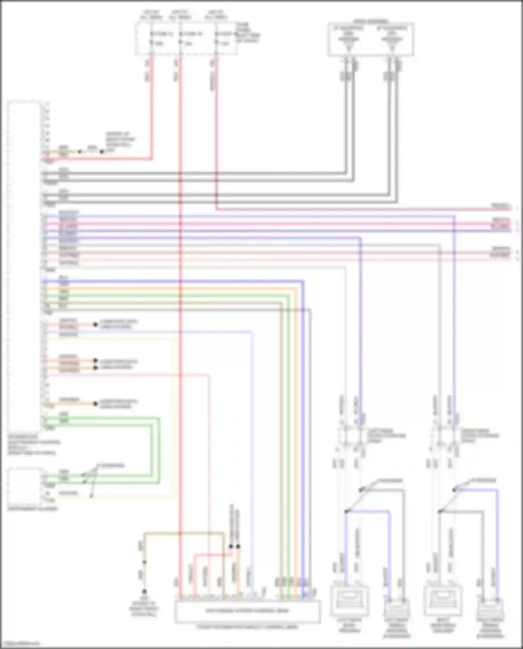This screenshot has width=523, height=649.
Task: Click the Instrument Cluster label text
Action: pos(33,509)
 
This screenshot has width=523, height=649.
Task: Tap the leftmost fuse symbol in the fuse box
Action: pos(152,38)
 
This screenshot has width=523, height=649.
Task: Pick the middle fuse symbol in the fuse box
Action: pos(180,38)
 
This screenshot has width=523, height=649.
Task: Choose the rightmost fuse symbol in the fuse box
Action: pos(216,38)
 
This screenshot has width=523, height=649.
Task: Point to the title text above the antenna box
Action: pos(371,21)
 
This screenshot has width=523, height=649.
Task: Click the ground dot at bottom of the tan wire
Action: pos(144,591)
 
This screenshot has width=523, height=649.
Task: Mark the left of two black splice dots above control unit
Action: pos(230,546)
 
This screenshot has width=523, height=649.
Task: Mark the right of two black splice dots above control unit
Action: pos(238,546)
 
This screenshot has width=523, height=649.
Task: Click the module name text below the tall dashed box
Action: pos(33,445)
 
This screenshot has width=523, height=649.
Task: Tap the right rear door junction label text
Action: pos(480,436)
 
